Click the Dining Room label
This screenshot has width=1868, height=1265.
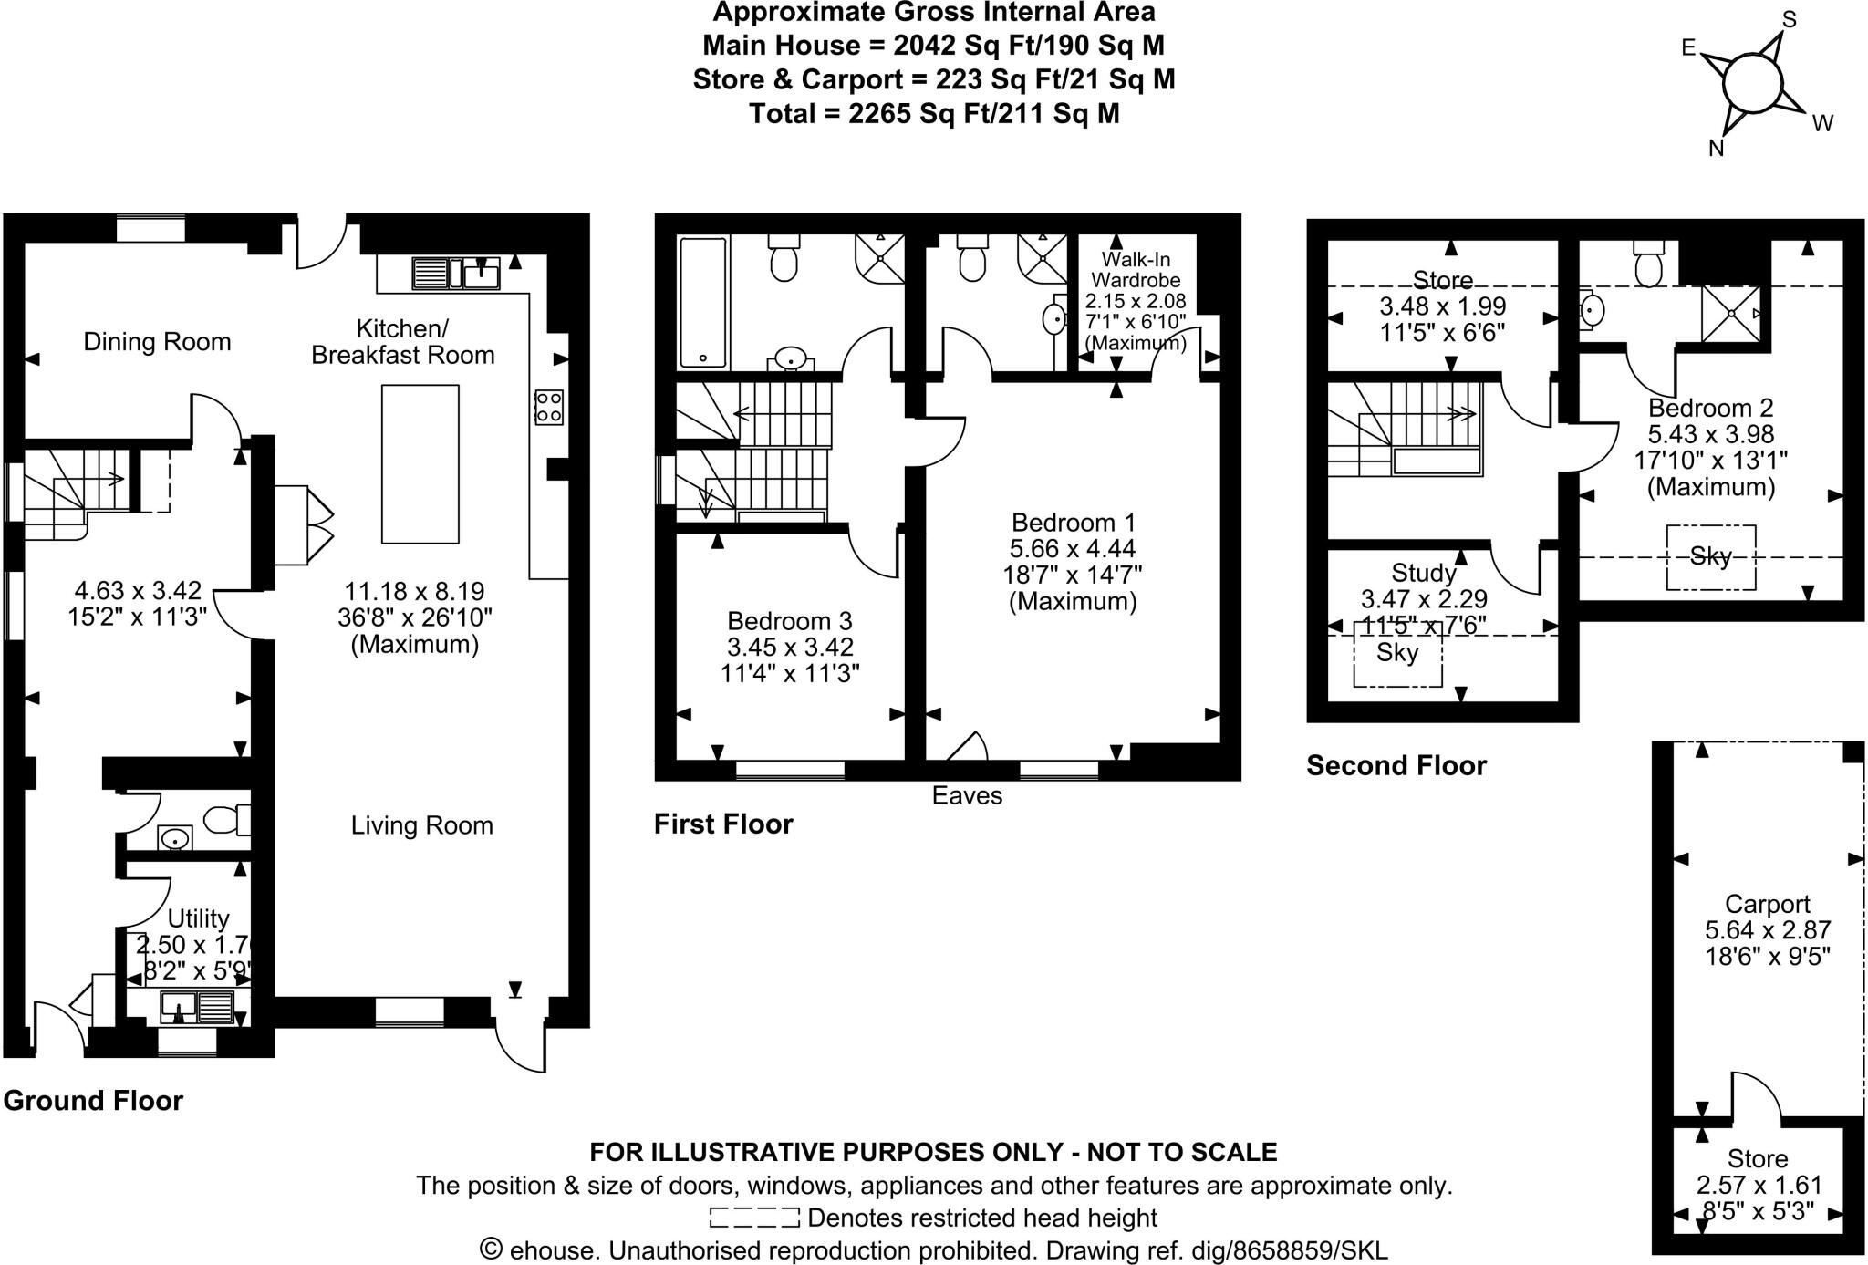tap(157, 342)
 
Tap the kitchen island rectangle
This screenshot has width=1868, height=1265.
tap(420, 464)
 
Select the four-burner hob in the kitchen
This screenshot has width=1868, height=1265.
tap(549, 408)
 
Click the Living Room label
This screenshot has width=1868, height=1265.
tap(421, 825)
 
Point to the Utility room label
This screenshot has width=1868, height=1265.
tap(198, 918)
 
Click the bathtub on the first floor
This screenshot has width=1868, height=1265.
tap(702, 302)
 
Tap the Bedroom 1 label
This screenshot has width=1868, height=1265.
tap(1074, 523)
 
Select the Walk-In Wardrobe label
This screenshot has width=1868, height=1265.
tap(1136, 270)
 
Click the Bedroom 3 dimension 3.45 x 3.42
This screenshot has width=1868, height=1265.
tap(790, 648)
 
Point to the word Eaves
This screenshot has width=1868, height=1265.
tap(967, 796)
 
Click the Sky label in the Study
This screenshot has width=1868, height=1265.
tap(1397, 653)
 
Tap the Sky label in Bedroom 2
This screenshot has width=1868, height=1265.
tap(1710, 556)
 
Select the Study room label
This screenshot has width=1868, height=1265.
tap(1424, 573)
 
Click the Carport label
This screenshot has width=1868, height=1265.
tap(1769, 904)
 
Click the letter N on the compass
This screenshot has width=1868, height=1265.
tap(1717, 149)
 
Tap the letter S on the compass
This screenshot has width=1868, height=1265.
tap(1790, 19)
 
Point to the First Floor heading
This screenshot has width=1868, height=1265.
tap(723, 824)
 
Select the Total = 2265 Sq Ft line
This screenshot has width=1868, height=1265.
tap(934, 114)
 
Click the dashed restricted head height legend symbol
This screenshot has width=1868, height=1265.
tap(754, 1218)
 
